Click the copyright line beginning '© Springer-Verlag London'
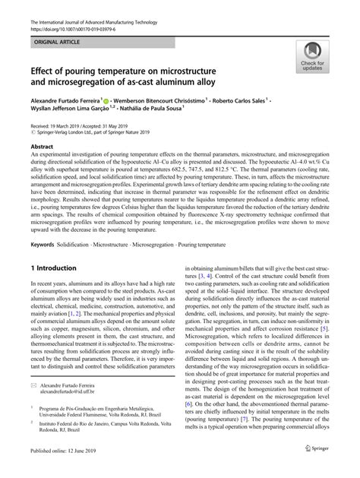click(72, 129)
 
